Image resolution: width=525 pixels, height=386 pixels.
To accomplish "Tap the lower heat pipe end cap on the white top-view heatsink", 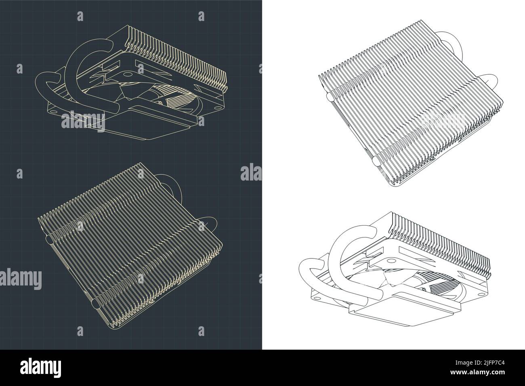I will coord(376,161).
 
